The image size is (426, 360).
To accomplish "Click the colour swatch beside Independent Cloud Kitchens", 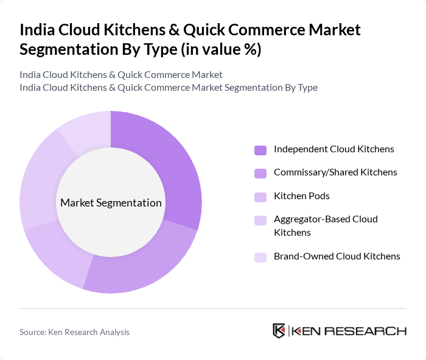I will pyautogui.click(x=260, y=150).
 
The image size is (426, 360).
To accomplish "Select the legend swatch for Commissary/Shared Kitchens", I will pyautogui.click(x=260, y=173).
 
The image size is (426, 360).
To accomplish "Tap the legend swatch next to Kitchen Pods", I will pyautogui.click(x=260, y=197).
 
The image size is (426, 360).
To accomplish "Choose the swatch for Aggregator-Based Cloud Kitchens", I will pyautogui.click(x=260, y=220).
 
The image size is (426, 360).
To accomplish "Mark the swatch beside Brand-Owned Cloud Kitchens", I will pyautogui.click(x=260, y=257).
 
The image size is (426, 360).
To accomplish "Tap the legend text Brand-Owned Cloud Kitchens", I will pyautogui.click(x=337, y=256).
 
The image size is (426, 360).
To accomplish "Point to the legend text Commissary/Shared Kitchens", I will pyautogui.click(x=335, y=172).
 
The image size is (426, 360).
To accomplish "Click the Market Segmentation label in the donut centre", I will pyautogui.click(x=111, y=203).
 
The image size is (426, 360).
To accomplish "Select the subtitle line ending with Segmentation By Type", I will pyautogui.click(x=169, y=88).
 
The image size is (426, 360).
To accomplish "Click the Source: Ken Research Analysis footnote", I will pyautogui.click(x=74, y=332).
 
